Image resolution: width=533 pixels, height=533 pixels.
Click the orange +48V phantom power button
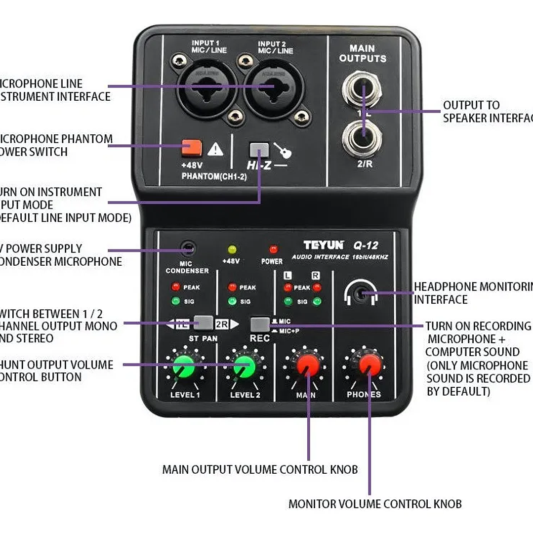pos(192,147)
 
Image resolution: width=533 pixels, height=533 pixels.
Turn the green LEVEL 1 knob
pos(183,366)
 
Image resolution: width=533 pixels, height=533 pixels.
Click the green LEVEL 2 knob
pos(244,366)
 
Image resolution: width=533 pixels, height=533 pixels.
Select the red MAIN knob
pos(307,364)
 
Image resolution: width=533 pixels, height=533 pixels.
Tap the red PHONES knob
pos(369,364)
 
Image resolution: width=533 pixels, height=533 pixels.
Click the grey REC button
pos(260,324)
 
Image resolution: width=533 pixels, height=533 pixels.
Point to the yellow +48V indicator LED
pos(231,249)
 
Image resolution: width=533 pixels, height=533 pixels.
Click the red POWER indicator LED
pos(273,249)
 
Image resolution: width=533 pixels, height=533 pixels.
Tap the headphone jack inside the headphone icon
pos(363,294)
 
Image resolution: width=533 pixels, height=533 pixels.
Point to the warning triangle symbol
pos(215,149)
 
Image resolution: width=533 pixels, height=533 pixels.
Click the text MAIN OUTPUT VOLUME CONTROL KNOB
pos(260,469)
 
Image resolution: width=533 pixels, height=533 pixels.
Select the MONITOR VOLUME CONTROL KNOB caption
pos(375,504)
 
